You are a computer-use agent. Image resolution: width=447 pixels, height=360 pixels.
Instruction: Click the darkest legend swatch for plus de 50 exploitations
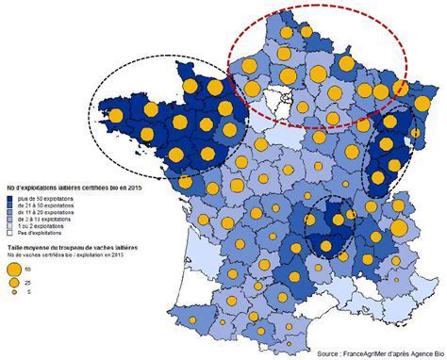[10, 200]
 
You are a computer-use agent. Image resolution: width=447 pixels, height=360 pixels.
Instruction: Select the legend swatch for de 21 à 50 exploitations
[10, 206]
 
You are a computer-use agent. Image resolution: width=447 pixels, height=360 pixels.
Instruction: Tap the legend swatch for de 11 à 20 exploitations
[10, 213]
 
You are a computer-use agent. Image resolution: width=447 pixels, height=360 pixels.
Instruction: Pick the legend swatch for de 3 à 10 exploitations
[10, 220]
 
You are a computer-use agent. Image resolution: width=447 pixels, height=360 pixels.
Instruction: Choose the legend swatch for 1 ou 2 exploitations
[10, 226]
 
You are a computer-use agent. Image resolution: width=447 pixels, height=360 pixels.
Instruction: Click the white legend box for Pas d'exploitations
[10, 233]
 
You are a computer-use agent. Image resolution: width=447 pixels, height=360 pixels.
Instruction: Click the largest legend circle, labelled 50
[15, 269]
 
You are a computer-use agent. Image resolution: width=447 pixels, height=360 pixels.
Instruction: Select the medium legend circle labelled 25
[15, 283]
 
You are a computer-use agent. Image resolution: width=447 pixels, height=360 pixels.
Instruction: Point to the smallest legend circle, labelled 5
[15, 293]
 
